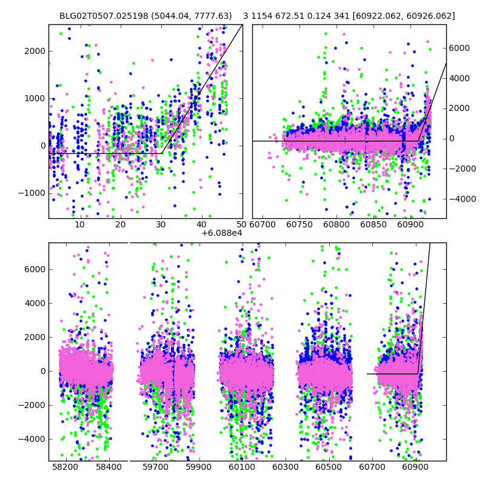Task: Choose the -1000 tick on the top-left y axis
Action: point(32,193)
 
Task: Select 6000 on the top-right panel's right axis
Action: point(460,48)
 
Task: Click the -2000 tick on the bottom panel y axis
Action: point(32,405)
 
